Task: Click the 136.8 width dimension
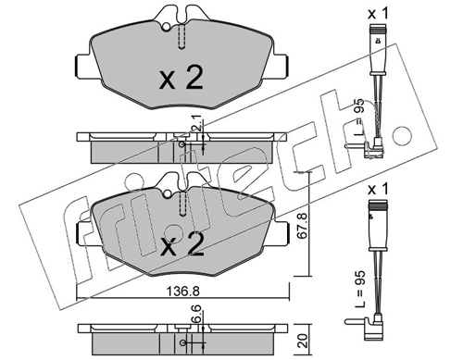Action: click(x=183, y=291)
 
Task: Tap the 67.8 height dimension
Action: click(x=303, y=225)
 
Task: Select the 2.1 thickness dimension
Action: click(x=197, y=121)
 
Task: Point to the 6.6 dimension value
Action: click(x=197, y=314)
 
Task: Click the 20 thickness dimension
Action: click(x=304, y=341)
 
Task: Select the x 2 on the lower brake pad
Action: click(x=181, y=244)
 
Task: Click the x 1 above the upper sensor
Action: click(x=378, y=14)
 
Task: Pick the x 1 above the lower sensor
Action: click(x=378, y=190)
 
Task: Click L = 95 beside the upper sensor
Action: click(x=359, y=118)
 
